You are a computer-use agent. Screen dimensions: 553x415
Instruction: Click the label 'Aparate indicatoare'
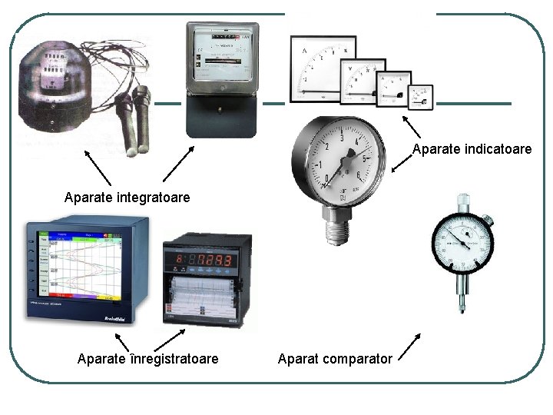point(472,149)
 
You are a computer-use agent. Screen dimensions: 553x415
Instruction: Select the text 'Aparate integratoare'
point(127,198)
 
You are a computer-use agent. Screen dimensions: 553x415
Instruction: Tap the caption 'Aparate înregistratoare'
point(147,359)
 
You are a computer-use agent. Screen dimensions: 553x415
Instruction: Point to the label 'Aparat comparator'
point(335,359)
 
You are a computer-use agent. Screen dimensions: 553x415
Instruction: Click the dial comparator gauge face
point(462,240)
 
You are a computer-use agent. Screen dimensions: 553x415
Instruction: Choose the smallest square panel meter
point(421,97)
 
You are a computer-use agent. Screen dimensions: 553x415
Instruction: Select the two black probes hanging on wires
point(137,115)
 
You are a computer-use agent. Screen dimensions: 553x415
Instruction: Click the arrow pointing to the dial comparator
point(411,346)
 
